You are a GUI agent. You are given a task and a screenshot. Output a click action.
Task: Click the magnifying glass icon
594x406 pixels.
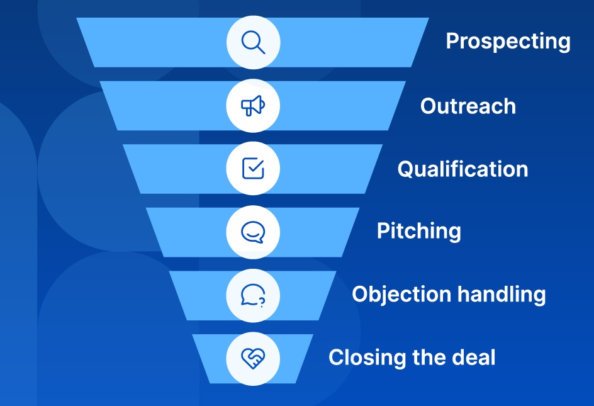pyautogui.click(x=253, y=42)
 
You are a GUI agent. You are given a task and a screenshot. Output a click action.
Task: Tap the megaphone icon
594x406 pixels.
pyautogui.click(x=253, y=105)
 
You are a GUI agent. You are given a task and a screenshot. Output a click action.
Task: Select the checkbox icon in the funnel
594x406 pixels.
pyautogui.click(x=253, y=168)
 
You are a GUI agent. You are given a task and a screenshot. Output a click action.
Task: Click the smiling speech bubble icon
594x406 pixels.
pyautogui.click(x=253, y=232)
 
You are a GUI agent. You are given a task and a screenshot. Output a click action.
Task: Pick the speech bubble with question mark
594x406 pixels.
pyautogui.click(x=253, y=295)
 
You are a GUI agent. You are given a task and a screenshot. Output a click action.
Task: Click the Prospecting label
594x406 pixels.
pyautogui.click(x=508, y=42)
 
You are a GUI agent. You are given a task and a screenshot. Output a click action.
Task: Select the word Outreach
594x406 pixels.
pyautogui.click(x=468, y=106)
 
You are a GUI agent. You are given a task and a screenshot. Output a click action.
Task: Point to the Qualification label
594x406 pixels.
pyautogui.click(x=462, y=169)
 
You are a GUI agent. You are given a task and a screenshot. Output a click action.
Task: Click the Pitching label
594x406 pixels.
pyautogui.click(x=419, y=231)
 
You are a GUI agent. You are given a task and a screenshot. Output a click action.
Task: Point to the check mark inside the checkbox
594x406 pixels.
pyautogui.click(x=255, y=166)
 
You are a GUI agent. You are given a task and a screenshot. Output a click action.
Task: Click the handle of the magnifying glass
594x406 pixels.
pyautogui.click(x=261, y=49)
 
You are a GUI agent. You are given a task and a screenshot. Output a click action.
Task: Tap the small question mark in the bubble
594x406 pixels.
pyautogui.click(x=261, y=302)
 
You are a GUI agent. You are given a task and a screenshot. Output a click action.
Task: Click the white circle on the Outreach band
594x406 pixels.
pyautogui.click(x=253, y=105)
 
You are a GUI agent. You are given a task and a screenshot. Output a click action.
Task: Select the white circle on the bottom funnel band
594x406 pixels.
pyautogui.click(x=253, y=359)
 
